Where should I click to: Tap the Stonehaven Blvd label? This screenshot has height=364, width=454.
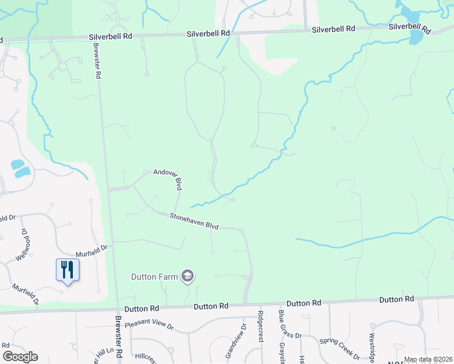tap(194, 220)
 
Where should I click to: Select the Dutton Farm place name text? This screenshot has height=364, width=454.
tap(155, 277)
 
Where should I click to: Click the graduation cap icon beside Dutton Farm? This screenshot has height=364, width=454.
tap(188, 277)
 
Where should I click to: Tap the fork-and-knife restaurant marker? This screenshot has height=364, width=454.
tap(67, 269)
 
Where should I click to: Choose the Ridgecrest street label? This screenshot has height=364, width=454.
tap(260, 327)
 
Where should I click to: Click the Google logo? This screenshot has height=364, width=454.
tap(20, 357)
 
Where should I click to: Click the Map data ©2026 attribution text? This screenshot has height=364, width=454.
tap(428, 359)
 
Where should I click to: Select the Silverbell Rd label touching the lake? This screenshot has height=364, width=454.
tap(410, 28)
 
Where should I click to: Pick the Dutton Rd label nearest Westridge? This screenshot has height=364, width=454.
tap(396, 300)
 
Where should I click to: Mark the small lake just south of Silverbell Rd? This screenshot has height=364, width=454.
tap(416, 38)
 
